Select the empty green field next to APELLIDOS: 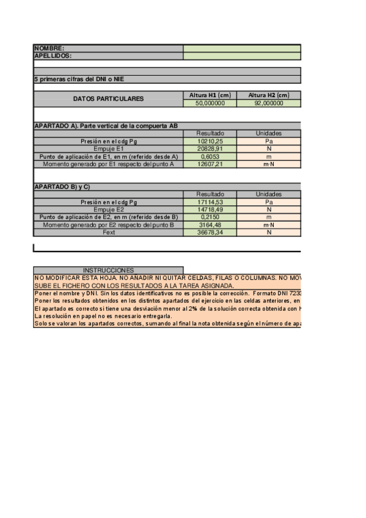(x=242, y=56)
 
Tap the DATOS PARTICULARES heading (x=108, y=99)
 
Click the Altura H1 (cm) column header (x=210, y=95)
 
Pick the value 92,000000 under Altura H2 (x=269, y=103)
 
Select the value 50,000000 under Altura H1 (x=210, y=103)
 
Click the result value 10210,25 (x=210, y=141)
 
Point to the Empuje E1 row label (x=108, y=148)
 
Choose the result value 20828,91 (x=210, y=148)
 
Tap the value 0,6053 (x=210, y=156)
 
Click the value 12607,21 (x=210, y=164)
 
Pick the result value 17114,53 (x=210, y=202)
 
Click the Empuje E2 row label (x=108, y=210)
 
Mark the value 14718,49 (x=210, y=210)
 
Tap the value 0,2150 (x=210, y=217)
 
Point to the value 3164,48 (x=210, y=225)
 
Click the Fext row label (x=108, y=232)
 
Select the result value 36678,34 (x=210, y=232)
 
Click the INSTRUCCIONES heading (x=108, y=270)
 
